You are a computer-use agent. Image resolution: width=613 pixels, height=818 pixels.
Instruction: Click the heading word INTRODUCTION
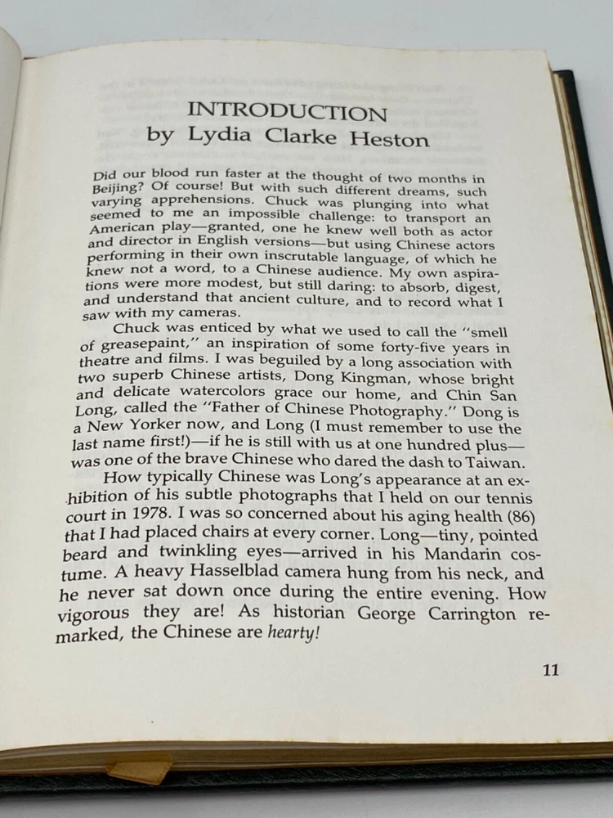pyautogui.click(x=286, y=111)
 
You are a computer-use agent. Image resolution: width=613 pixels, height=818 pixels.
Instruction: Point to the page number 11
pyautogui.click(x=550, y=669)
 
